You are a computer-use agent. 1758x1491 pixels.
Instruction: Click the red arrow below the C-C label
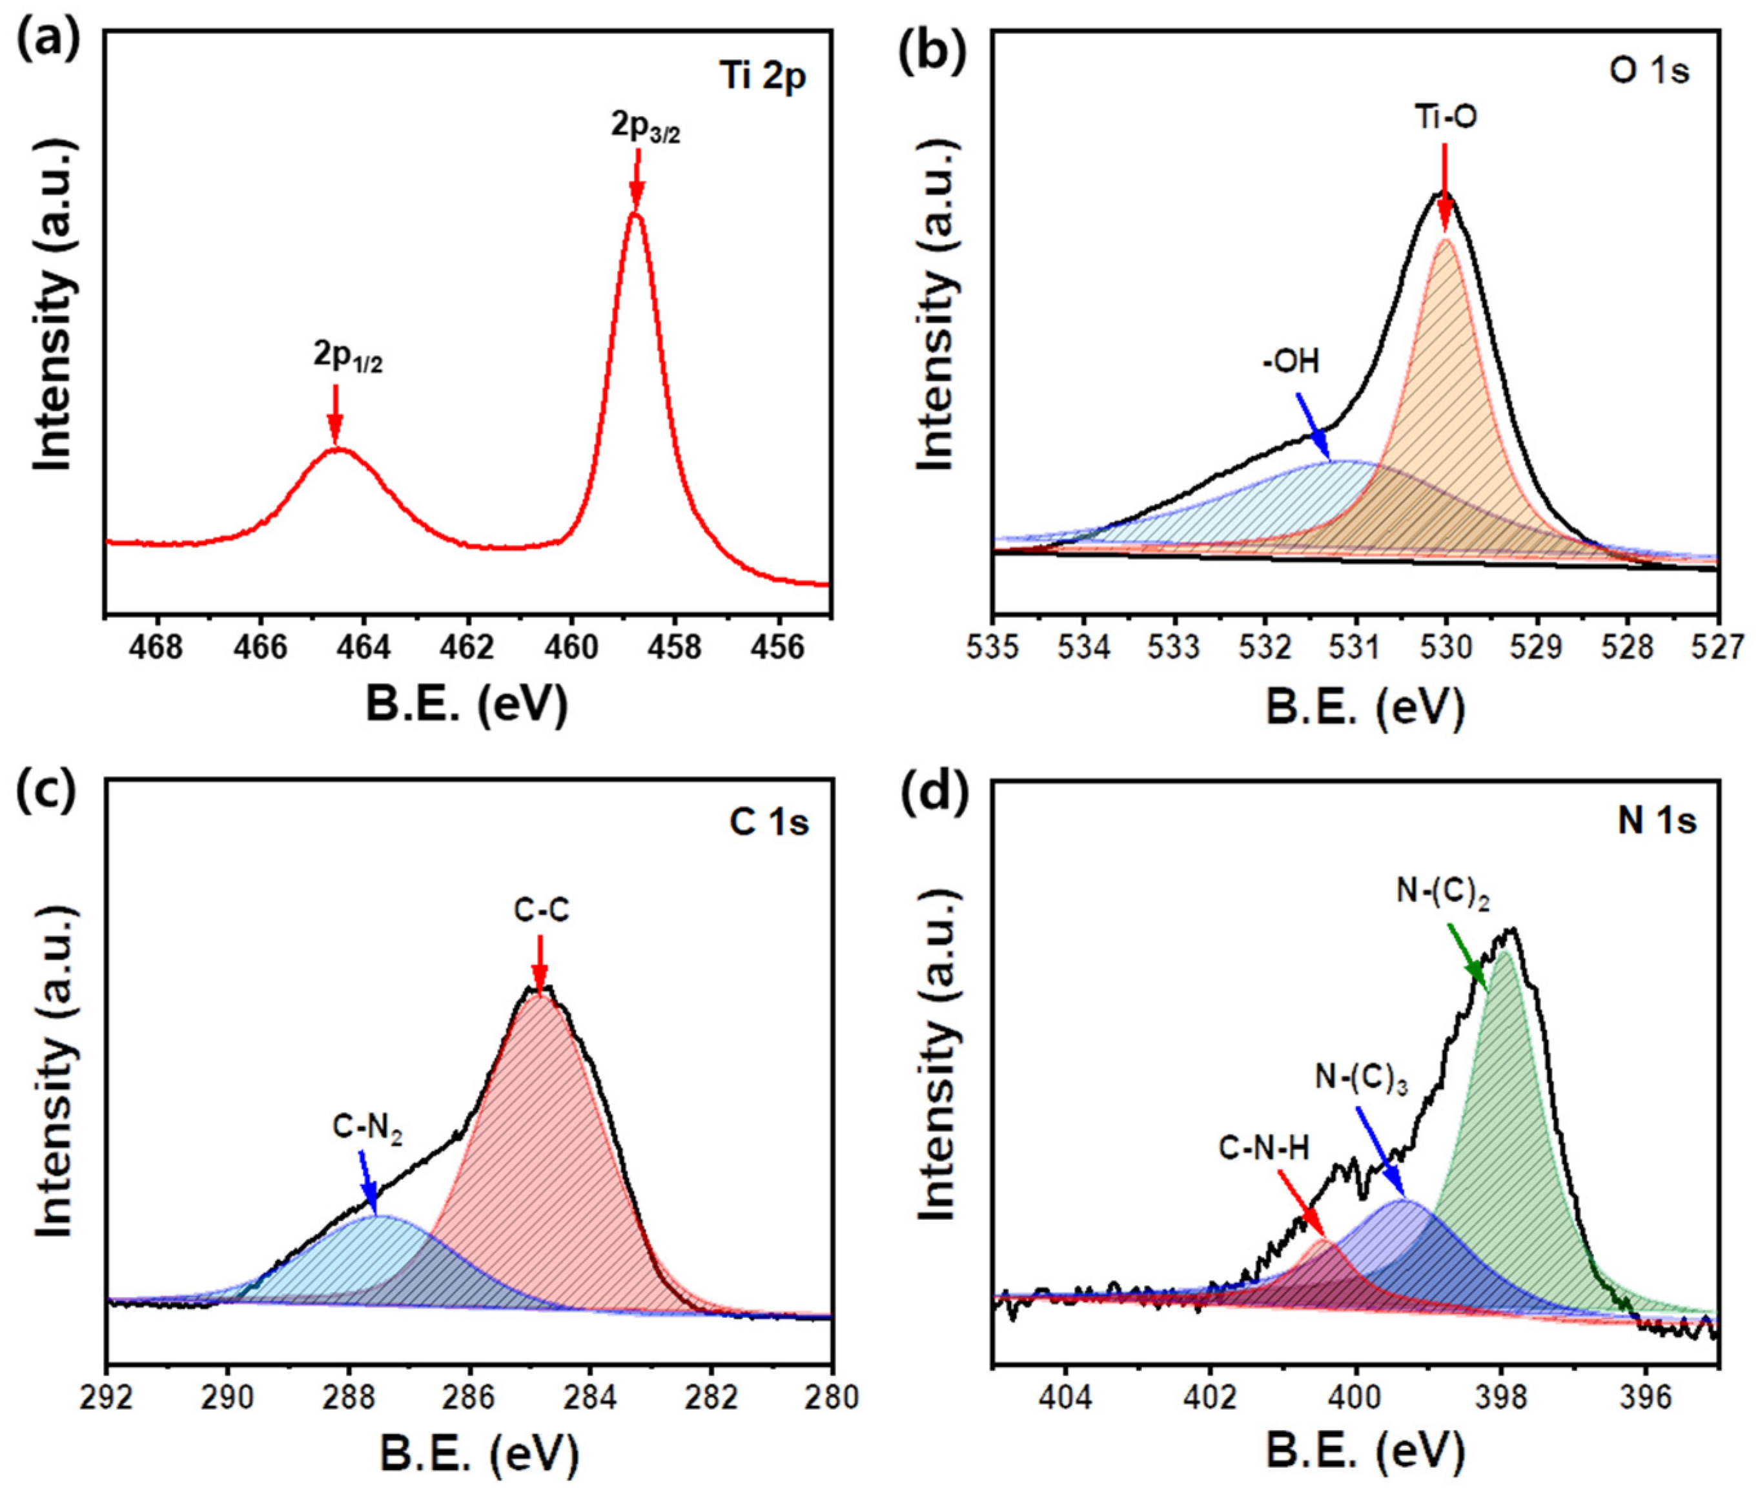tap(539, 965)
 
